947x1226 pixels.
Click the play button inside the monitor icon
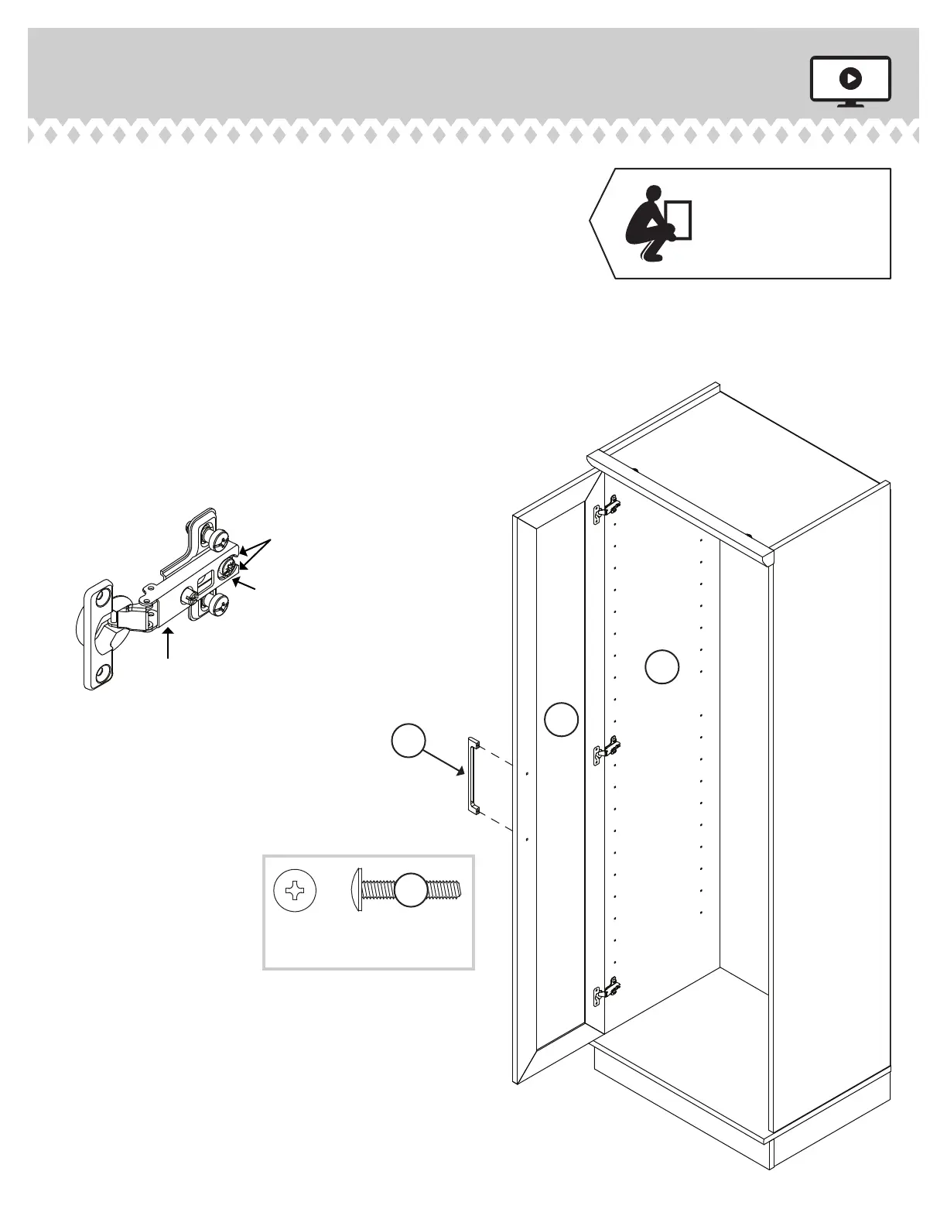point(850,78)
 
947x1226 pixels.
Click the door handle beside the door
point(471,776)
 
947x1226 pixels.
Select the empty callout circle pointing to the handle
point(409,741)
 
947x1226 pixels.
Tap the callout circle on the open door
point(561,719)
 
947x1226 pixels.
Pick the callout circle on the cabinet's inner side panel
point(662,667)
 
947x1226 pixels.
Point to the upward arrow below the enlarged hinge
point(169,644)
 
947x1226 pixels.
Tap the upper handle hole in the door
point(526,772)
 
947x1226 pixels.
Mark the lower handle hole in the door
point(526,838)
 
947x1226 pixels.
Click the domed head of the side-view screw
point(357,890)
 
